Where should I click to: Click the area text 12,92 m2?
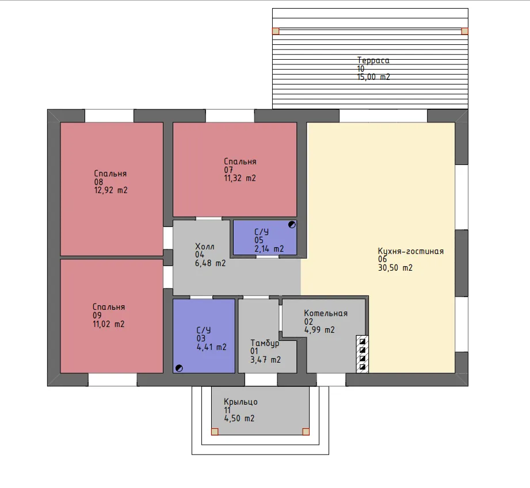111,190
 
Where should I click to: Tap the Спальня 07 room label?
240,162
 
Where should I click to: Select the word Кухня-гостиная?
411,251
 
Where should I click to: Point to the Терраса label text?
373,60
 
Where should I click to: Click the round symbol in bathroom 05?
292,225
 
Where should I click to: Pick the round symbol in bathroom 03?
179,368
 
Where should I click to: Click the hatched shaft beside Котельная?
363,354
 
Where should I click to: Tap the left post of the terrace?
276,31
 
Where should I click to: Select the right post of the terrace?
465,31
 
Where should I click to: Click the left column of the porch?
215,432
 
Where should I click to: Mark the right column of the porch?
306,432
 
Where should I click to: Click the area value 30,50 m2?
395,268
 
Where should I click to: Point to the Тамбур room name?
265,343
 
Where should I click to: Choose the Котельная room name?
326,313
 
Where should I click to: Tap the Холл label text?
205,247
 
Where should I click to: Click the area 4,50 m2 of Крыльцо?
239,418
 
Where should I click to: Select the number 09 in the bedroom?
97,316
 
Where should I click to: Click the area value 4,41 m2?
212,347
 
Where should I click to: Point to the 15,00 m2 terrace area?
374,77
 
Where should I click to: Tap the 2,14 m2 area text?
269,249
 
